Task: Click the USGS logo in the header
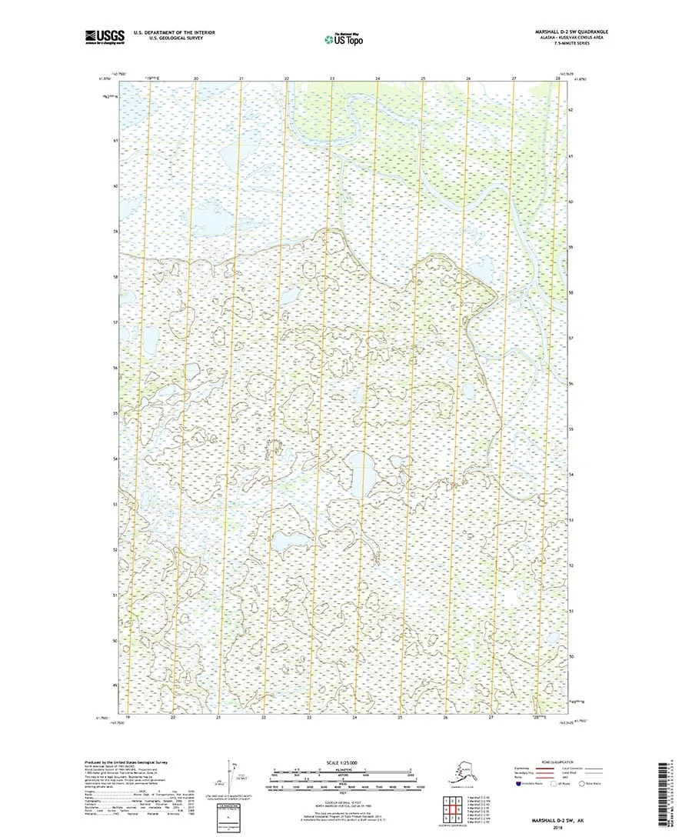pyautogui.click(x=105, y=35)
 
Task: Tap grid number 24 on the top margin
pyautogui.click(x=378, y=79)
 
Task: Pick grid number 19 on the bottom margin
pyautogui.click(x=128, y=718)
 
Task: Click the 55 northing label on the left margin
pyautogui.click(x=115, y=414)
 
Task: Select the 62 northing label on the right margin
pyautogui.click(x=570, y=110)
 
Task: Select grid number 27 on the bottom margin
pyautogui.click(x=491, y=718)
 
